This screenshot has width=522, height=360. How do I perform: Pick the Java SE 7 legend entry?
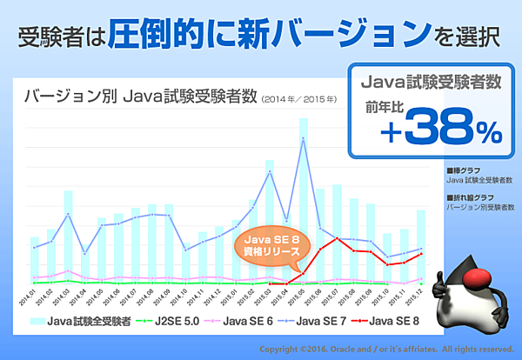point(322,321)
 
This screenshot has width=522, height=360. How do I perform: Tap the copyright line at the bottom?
point(379,349)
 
